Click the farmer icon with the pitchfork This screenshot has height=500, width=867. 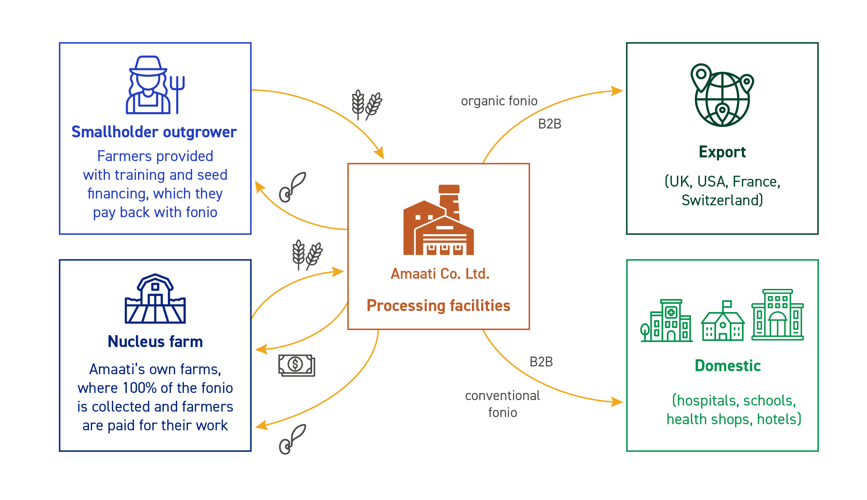(x=155, y=85)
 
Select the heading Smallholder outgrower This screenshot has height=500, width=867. (x=154, y=132)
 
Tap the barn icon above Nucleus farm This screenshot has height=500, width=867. (x=155, y=299)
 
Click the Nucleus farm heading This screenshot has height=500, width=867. (x=155, y=342)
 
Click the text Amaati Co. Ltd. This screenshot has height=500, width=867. (x=440, y=274)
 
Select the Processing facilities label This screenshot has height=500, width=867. (x=438, y=306)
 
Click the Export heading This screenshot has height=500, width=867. (x=722, y=152)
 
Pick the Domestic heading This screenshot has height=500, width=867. (x=727, y=366)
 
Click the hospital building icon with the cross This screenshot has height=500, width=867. (x=666, y=321)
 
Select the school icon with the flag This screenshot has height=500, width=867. (x=722, y=322)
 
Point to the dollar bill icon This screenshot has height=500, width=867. (x=296, y=365)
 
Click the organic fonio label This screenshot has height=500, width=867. (x=499, y=101)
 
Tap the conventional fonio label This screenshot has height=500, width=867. (x=502, y=404)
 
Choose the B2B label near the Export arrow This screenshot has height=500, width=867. (x=549, y=124)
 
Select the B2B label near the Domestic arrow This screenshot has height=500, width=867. (x=541, y=362)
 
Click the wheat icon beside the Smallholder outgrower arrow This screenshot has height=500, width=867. (x=367, y=105)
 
